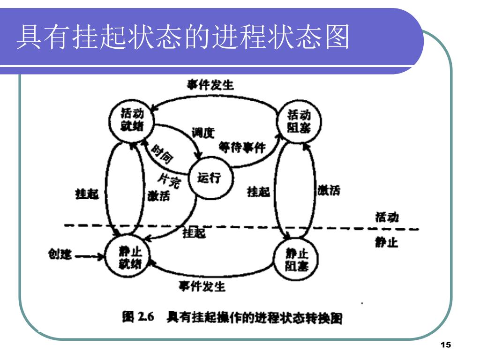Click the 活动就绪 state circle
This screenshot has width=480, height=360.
pos(132,120)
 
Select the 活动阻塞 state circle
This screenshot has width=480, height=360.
pos(299,121)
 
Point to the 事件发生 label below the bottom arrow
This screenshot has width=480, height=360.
pos(202,286)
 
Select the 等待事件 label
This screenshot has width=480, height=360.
pos(242,148)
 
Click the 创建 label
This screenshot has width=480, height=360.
pos(60,254)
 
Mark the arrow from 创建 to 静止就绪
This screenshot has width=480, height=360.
pos(90,256)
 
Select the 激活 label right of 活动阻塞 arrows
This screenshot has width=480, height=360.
pos(329,190)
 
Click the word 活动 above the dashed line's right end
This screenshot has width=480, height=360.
pos(387,217)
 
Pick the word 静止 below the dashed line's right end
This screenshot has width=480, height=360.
pos(387,242)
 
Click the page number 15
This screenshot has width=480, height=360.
pos(446,345)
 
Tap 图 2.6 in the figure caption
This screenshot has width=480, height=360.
pos(138,317)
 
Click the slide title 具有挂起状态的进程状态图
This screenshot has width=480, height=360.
pos(183,37)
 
